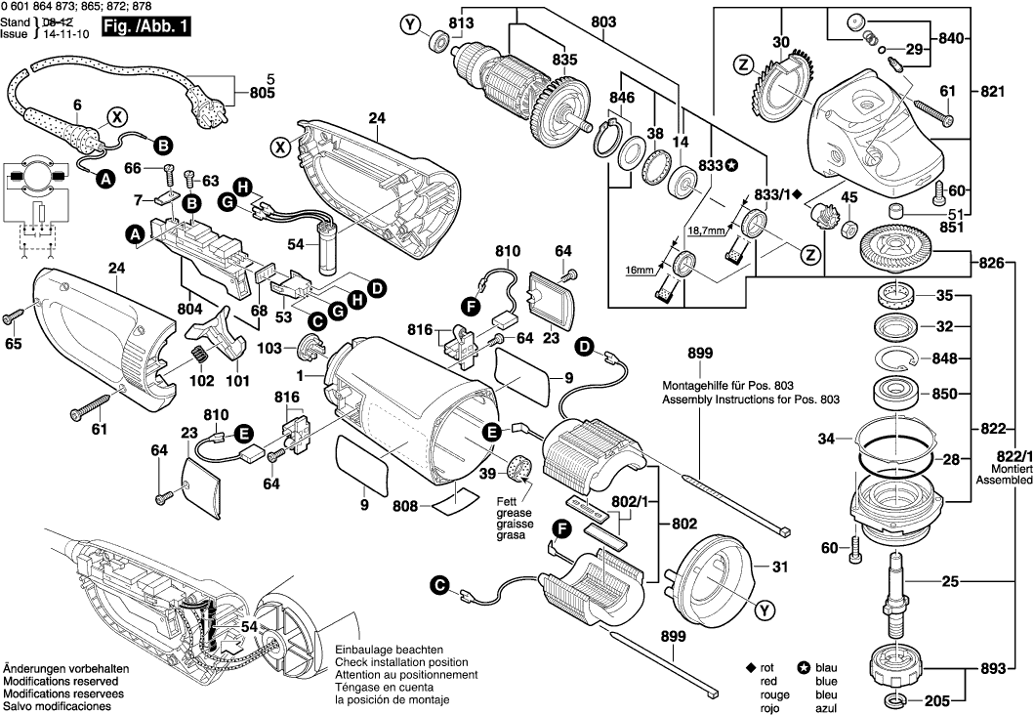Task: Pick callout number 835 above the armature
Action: coord(564,60)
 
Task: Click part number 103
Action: coord(269,347)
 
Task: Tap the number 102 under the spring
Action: coord(202,382)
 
